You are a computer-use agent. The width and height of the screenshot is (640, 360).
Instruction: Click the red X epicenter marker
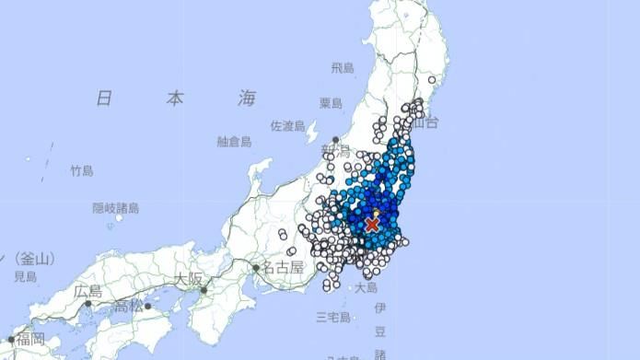coord(372,225)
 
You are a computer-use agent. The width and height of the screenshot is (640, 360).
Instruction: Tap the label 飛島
coord(343,68)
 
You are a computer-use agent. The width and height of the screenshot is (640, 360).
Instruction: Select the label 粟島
coord(343,102)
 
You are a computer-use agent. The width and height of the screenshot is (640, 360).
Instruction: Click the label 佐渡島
coord(287,125)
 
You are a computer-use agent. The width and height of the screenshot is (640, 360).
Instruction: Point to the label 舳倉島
coord(234,141)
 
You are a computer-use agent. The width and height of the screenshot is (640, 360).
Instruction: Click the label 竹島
coord(82,171)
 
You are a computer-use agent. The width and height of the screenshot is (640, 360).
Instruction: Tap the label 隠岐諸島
coord(115,208)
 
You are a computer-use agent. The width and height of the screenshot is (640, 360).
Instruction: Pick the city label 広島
coord(88,292)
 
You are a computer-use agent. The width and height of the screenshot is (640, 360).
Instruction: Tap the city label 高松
coord(129,305)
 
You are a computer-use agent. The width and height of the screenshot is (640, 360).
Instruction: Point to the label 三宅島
coord(332,318)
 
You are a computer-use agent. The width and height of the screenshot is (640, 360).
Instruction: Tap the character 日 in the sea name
coord(104,99)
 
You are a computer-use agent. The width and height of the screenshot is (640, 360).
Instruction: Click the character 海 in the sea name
coord(246,99)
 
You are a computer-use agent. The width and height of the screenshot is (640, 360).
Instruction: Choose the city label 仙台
coord(425,121)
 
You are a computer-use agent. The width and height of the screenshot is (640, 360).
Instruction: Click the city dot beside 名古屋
coord(256,268)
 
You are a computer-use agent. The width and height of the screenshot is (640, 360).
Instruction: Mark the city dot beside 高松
coord(147,305)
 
